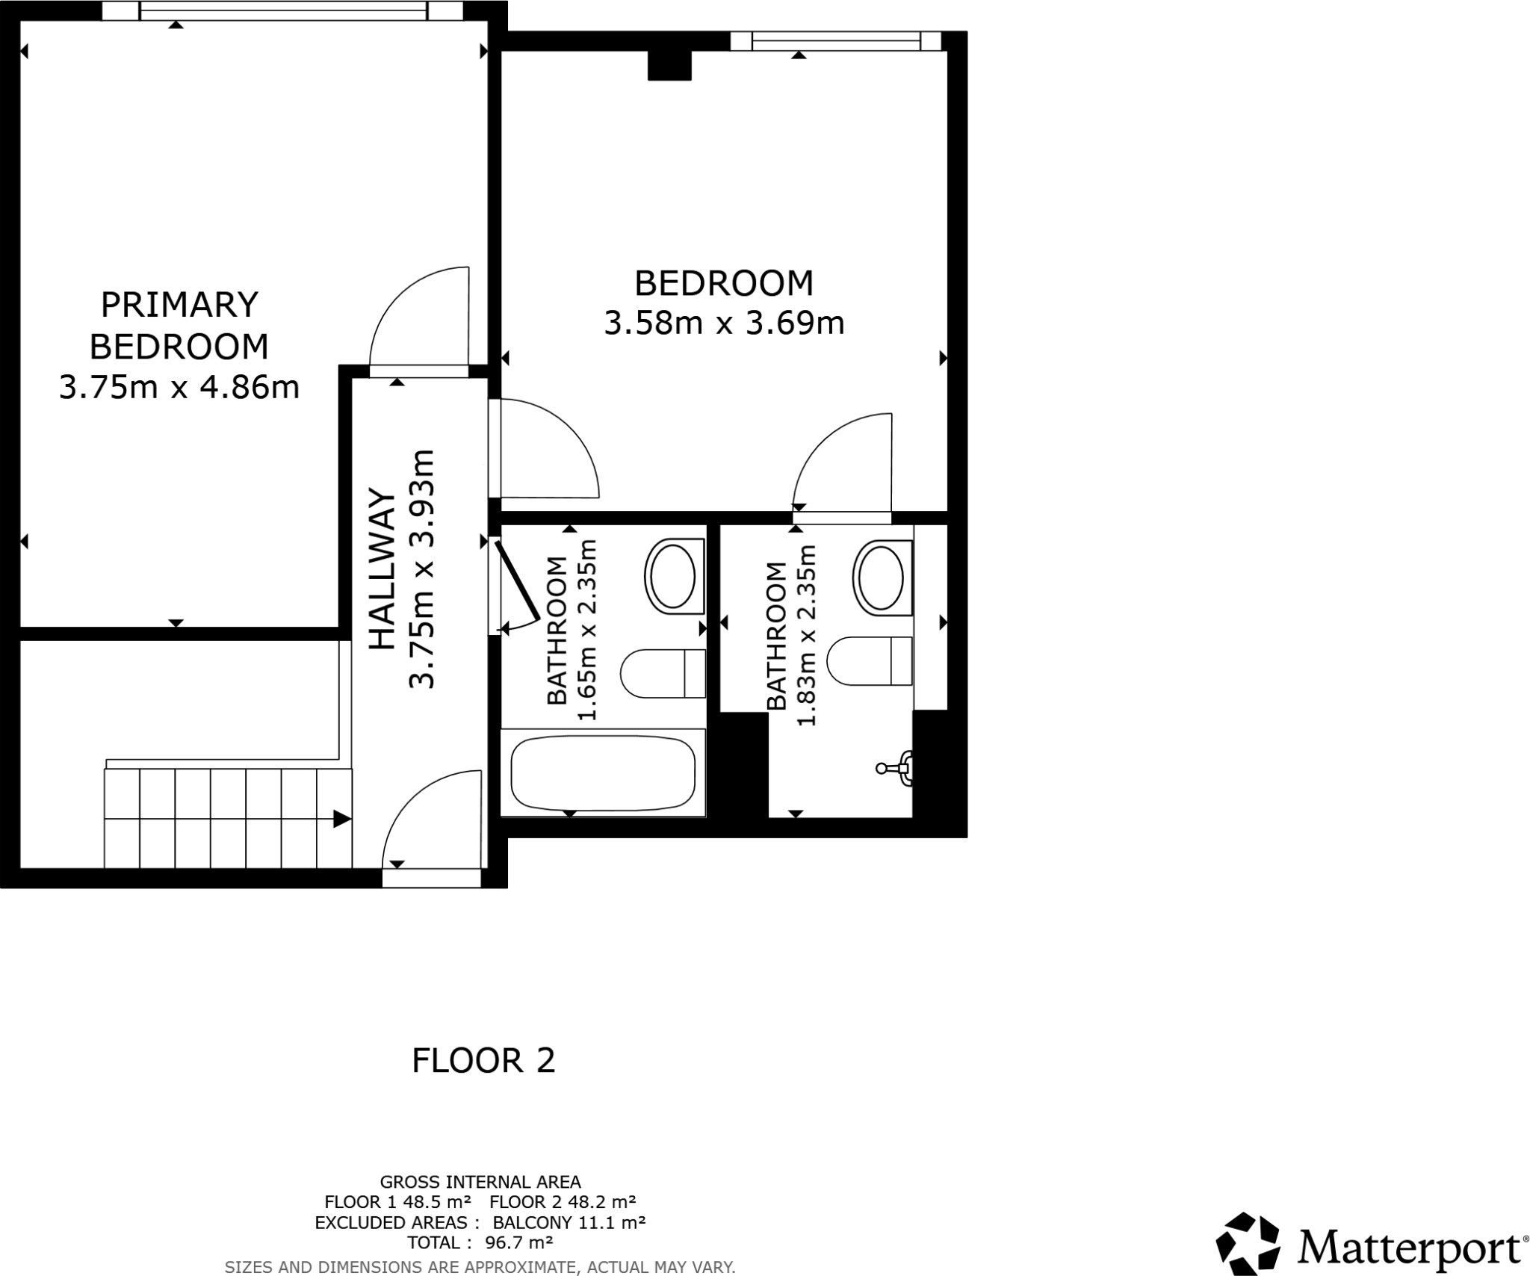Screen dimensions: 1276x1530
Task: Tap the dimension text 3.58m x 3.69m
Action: pos(723,323)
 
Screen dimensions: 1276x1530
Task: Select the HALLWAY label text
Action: pos(382,569)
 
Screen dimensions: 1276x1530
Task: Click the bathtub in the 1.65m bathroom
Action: pos(602,772)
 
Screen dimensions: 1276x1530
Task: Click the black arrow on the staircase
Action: pos(341,819)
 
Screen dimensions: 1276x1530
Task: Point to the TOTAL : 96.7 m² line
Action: pos(480,1242)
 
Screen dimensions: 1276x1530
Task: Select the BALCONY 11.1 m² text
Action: pos(569,1223)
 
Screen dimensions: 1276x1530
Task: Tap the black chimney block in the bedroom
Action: pos(669,65)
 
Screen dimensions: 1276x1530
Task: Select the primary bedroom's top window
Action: pos(282,10)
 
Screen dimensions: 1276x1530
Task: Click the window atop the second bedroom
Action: pos(834,40)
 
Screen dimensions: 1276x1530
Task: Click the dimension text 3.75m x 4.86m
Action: pos(179,388)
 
